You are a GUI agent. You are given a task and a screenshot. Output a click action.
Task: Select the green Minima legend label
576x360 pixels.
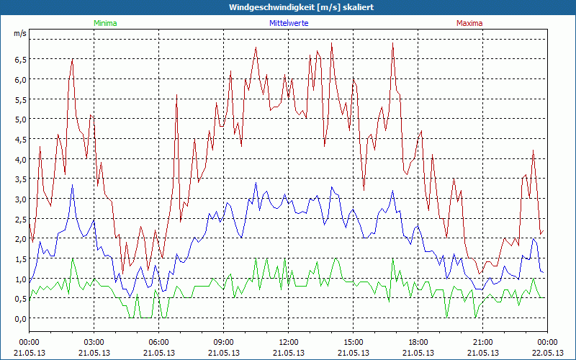click(x=105, y=23)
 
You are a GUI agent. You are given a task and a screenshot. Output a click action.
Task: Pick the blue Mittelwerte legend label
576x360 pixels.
click(x=289, y=23)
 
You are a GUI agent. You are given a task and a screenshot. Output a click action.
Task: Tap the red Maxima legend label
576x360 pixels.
click(x=469, y=23)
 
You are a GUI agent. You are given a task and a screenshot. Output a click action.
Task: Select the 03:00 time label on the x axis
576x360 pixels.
click(x=94, y=342)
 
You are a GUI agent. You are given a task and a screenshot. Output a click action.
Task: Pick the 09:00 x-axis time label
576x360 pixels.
click(x=223, y=342)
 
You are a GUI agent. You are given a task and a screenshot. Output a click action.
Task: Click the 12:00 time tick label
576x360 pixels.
click(x=288, y=342)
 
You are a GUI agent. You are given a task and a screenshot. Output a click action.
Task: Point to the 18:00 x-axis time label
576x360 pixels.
click(x=418, y=342)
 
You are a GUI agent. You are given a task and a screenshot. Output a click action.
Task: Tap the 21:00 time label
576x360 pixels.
click(x=482, y=342)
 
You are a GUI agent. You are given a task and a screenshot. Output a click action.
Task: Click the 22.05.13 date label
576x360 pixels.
click(x=547, y=353)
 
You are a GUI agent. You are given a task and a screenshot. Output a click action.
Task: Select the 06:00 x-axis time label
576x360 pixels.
click(x=159, y=342)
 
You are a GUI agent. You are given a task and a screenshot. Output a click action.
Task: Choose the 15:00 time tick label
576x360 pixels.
click(x=353, y=342)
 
